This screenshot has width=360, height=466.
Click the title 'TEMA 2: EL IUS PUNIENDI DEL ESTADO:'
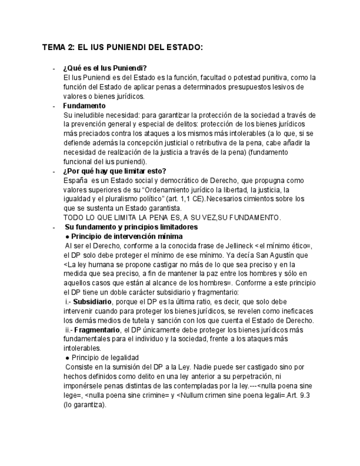pyautogui.click(x=123, y=47)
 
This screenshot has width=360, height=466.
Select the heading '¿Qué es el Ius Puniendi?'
pyautogui.click(x=105, y=68)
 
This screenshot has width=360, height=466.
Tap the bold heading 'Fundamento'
pyautogui.click(x=84, y=106)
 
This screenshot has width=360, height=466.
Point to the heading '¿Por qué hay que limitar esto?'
pyautogui.click(x=114, y=171)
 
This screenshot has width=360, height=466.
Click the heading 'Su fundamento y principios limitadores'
pyautogui.click(x=131, y=227)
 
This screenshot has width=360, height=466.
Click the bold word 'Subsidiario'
pyautogui.click(x=93, y=302)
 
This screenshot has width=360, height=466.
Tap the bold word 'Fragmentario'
pyautogui.click(x=97, y=330)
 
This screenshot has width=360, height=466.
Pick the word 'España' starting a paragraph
pyautogui.click(x=75, y=180)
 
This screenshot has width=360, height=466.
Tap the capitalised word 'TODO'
pyautogui.click(x=74, y=218)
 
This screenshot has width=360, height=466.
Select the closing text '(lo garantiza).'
pyautogui.click(x=85, y=404)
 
